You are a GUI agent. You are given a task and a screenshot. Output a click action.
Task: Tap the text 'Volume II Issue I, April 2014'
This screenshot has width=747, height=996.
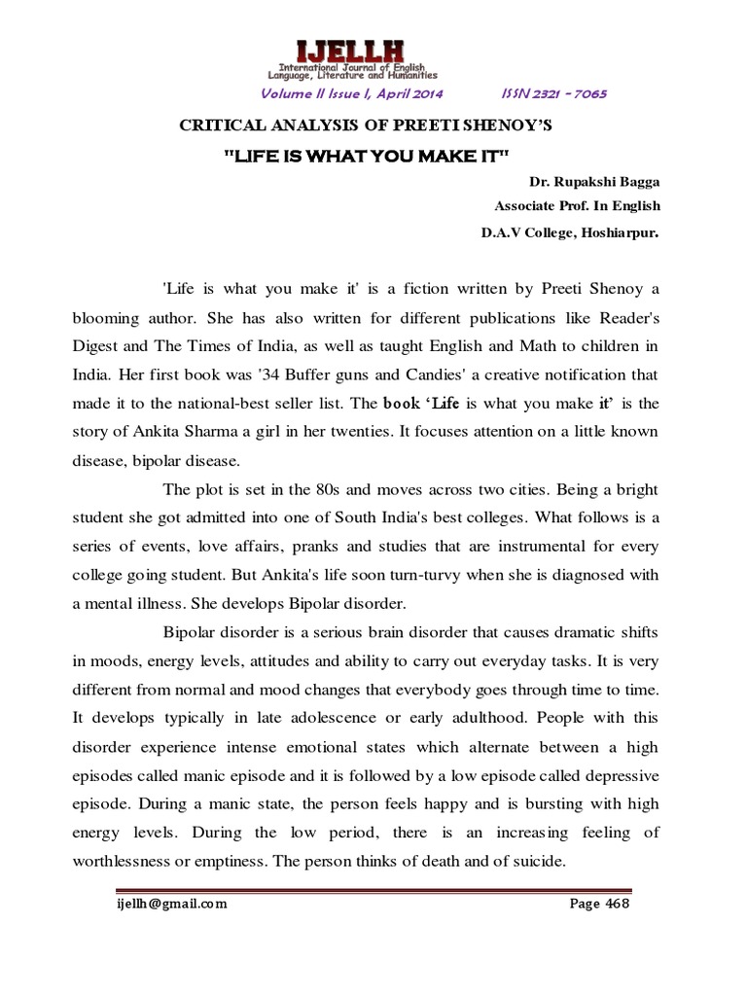tap(351, 93)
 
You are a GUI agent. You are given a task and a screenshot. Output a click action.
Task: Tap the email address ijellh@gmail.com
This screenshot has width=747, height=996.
tap(168, 903)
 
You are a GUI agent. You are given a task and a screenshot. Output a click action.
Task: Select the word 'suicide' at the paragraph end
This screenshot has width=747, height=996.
tap(535, 862)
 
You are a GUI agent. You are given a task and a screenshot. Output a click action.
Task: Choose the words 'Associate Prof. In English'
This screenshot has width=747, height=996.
tap(577, 206)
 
